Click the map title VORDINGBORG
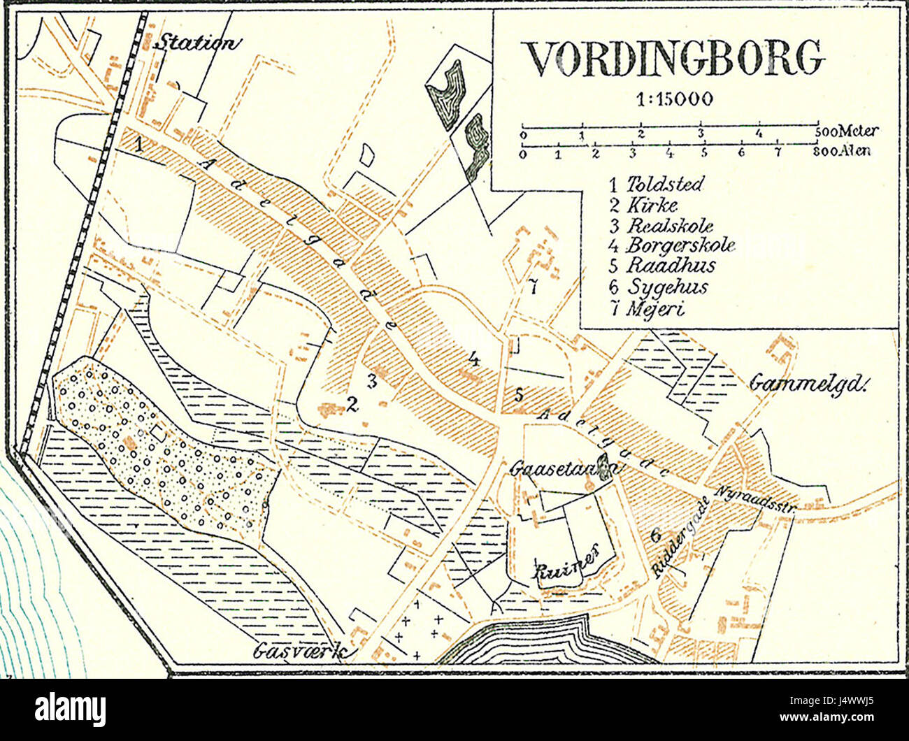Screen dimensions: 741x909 pyautogui.click(x=674, y=58)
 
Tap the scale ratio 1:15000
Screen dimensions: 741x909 pyautogui.click(x=675, y=99)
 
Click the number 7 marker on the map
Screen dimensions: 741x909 pyautogui.click(x=532, y=287)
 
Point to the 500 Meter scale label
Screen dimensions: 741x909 pyautogui.click(x=847, y=131)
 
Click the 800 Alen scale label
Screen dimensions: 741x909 pyautogui.click(x=843, y=150)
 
